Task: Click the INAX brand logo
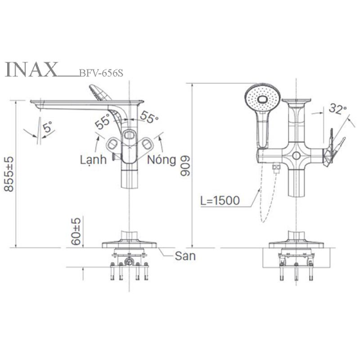[31, 69]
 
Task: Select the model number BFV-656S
[101, 73]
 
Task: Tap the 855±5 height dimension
[9, 174]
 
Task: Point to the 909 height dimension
[185, 166]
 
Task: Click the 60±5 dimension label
[76, 231]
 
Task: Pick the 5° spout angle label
[48, 127]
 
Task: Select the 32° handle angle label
[337, 108]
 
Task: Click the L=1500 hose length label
[220, 200]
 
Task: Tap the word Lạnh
[93, 160]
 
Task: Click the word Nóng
[161, 160]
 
